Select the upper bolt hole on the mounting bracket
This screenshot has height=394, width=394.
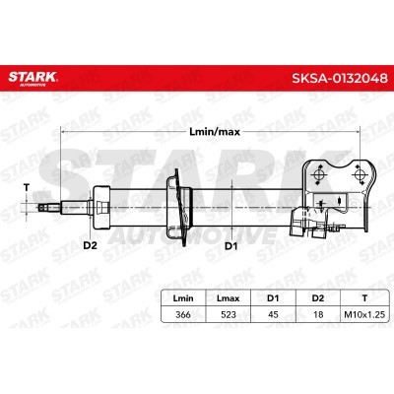[x=321, y=173]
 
